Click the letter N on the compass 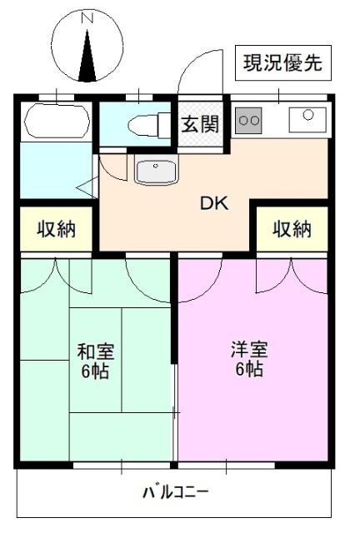[x=87, y=18]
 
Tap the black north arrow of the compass [x=87, y=56]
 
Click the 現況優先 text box [x=282, y=63]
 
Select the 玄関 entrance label [x=200, y=124]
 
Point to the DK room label [x=214, y=203]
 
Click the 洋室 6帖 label [x=249, y=359]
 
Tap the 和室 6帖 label [x=96, y=361]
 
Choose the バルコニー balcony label [x=175, y=491]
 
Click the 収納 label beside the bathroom [x=56, y=229]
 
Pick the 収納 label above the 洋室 [x=292, y=229]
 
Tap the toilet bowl [x=142, y=126]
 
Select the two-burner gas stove [x=248, y=120]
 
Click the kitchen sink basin [x=307, y=120]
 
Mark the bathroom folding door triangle [x=87, y=187]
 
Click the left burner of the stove [x=243, y=120]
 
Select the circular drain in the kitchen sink [x=308, y=115]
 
